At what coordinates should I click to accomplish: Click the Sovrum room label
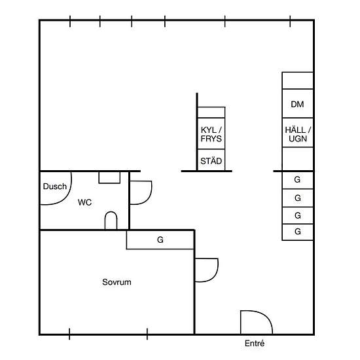click(x=117, y=282)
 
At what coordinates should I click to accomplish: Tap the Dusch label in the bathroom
click(x=55, y=187)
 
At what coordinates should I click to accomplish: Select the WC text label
click(x=84, y=202)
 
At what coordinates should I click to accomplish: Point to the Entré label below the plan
click(x=255, y=343)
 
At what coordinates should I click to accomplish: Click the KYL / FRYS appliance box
click(x=211, y=134)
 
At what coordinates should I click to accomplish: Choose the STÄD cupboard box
click(x=211, y=160)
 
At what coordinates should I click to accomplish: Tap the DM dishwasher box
click(x=298, y=103)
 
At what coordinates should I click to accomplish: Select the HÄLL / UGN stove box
click(x=298, y=133)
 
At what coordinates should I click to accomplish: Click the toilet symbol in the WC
click(x=111, y=221)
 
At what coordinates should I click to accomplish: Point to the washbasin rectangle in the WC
click(x=109, y=177)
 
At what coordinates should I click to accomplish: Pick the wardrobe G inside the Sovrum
click(x=160, y=240)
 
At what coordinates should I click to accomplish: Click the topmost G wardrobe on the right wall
click(x=298, y=180)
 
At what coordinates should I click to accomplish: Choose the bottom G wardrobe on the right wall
click(x=298, y=232)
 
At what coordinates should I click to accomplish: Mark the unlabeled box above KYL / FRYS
click(x=211, y=113)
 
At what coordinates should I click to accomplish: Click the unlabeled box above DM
click(x=298, y=81)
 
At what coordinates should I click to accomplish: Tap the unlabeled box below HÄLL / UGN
click(x=298, y=159)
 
